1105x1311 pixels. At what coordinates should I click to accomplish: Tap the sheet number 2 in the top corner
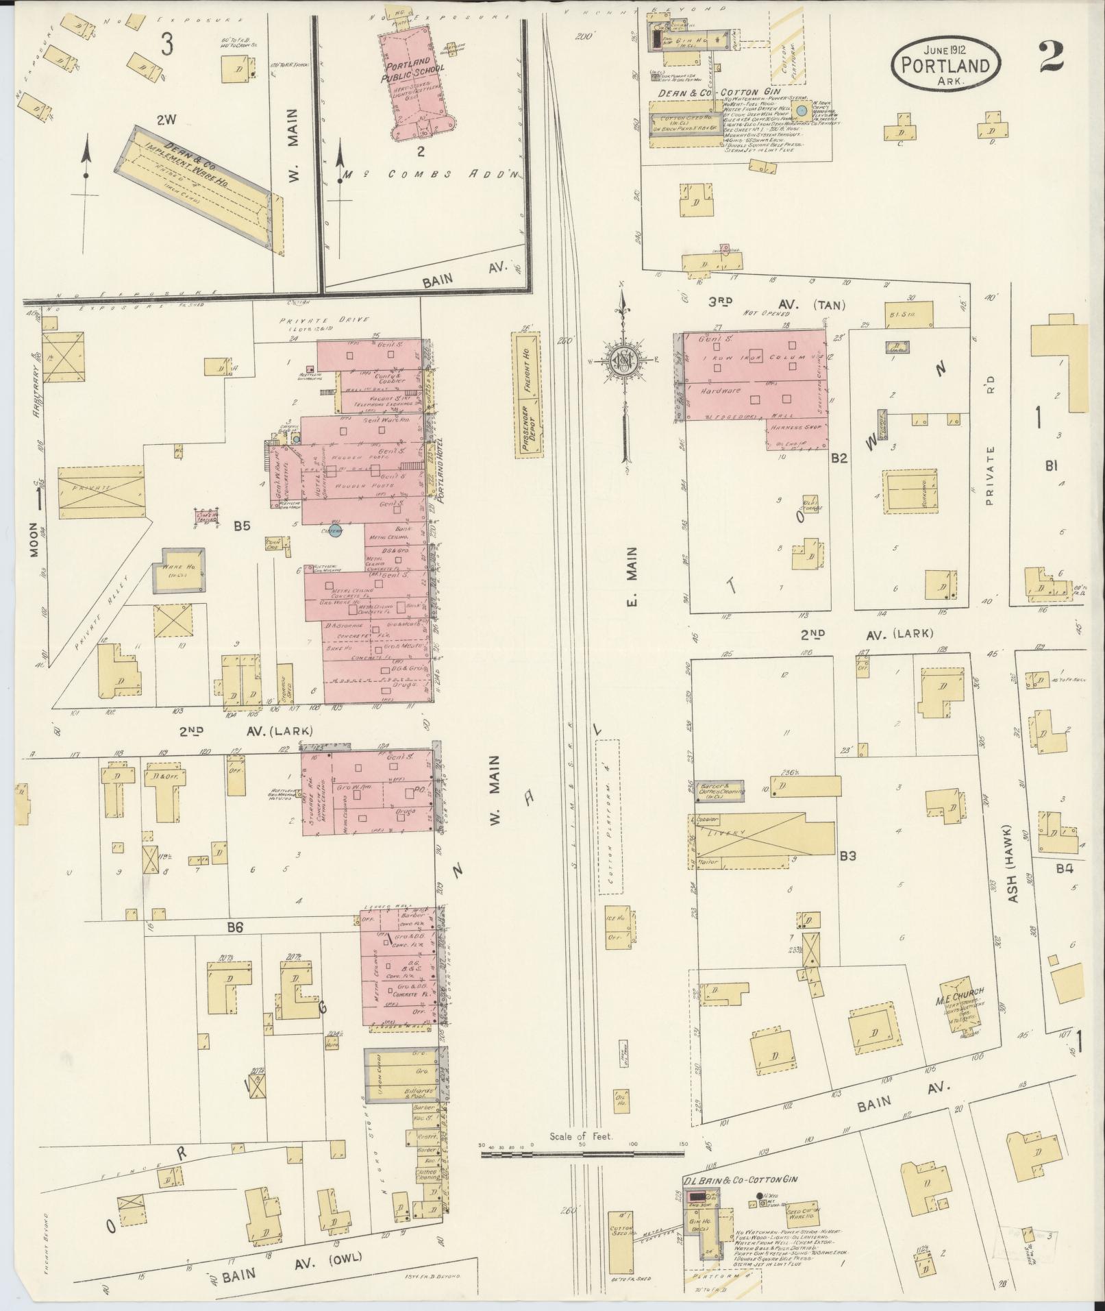click(x=1050, y=57)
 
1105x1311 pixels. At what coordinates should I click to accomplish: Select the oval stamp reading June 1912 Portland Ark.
click(x=944, y=64)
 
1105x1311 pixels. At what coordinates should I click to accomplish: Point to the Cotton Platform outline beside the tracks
click(x=608, y=816)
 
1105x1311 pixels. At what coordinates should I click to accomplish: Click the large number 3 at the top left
click(x=166, y=45)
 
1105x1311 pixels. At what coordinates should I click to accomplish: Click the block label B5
click(x=241, y=526)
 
